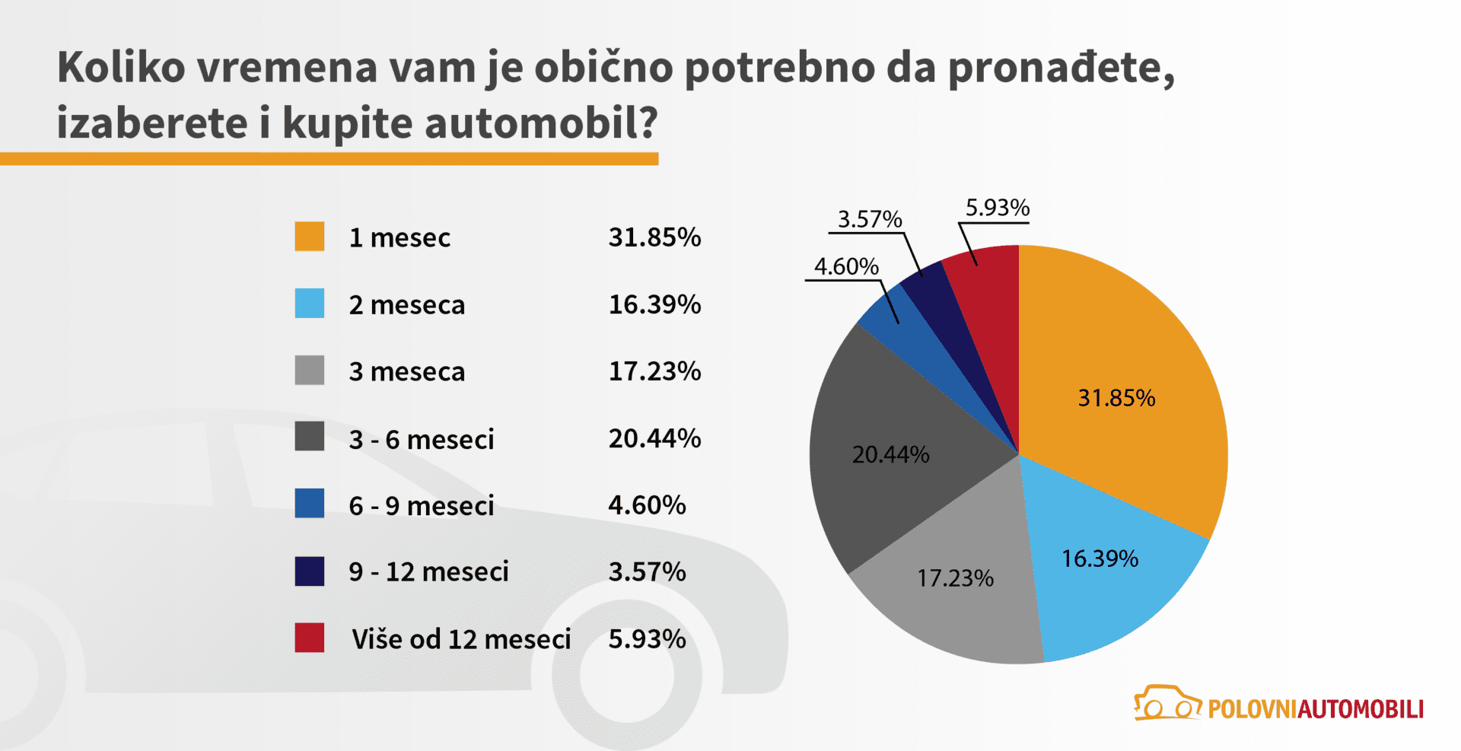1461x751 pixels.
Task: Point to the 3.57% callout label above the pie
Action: coord(870,219)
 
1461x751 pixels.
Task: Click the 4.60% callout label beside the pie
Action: coord(846,266)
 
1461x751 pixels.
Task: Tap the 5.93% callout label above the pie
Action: coord(997,207)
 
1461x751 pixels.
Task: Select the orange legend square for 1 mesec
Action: coord(310,237)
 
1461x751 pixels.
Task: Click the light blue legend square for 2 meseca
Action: coord(310,303)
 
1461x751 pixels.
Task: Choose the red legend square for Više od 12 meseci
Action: coord(310,638)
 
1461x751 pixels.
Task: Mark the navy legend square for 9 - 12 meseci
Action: coord(310,571)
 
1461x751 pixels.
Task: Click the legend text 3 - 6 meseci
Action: coord(422,439)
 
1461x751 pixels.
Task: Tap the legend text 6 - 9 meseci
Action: coord(422,505)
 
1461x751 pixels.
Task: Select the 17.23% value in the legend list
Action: coord(654,371)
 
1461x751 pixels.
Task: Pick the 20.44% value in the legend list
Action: coord(654,438)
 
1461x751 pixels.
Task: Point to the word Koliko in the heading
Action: coord(122,67)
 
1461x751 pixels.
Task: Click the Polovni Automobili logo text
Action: coord(1315,709)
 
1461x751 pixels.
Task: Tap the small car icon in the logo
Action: coord(1167,703)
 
